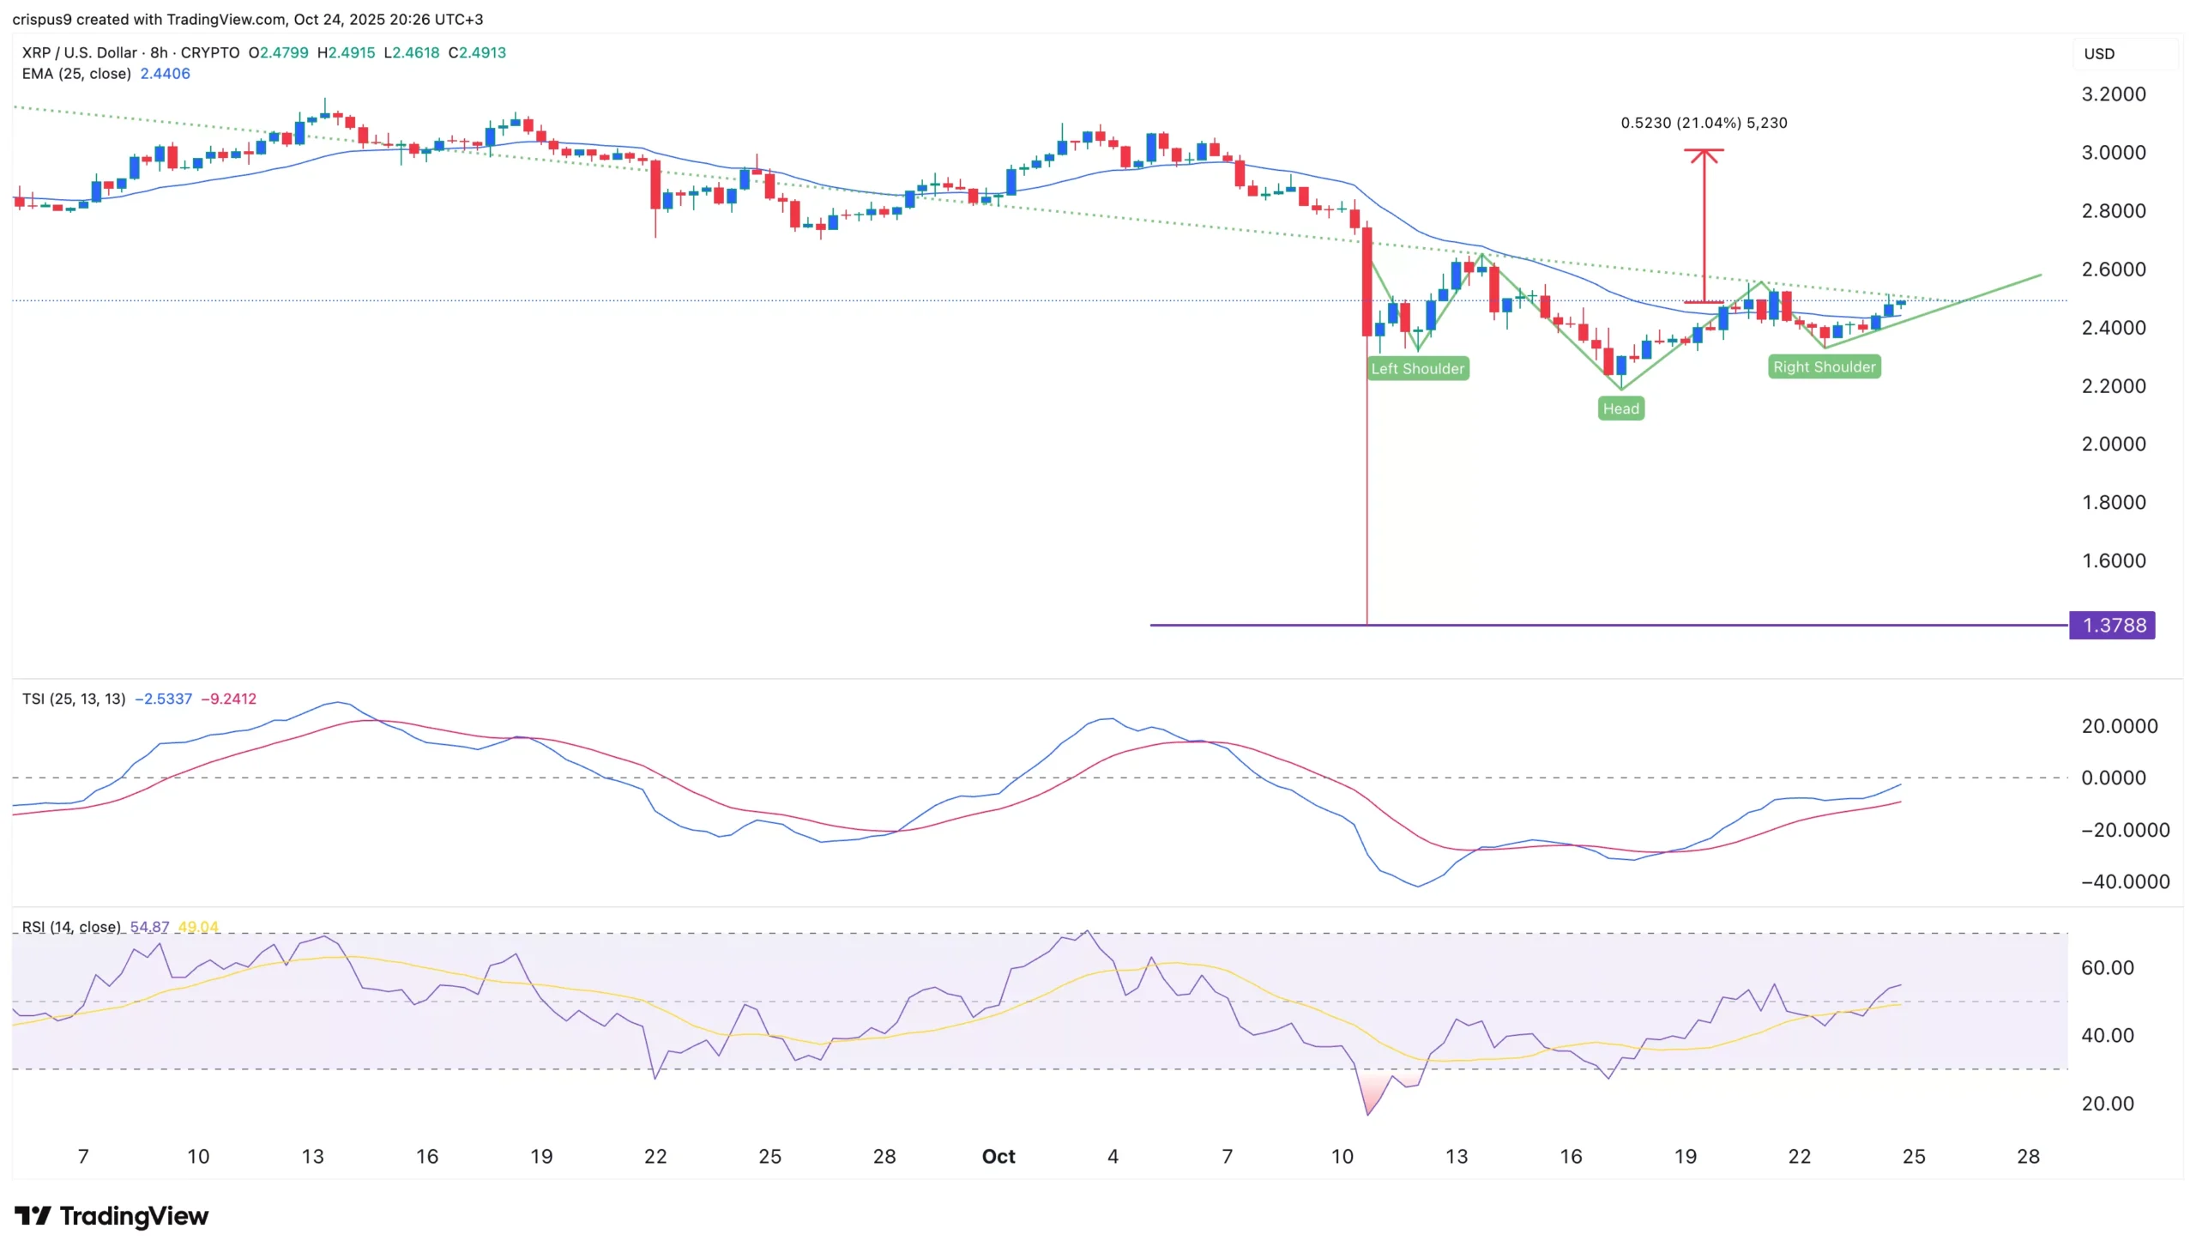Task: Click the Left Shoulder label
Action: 1417,368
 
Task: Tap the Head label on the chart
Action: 1620,408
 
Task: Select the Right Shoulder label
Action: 1823,366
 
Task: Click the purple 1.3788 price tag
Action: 2112,625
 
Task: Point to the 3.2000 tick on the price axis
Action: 2112,94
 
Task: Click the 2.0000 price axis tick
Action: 2112,444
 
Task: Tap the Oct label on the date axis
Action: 998,1156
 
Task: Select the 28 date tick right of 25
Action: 2027,1156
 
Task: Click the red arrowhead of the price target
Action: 1703,154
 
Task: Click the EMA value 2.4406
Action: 166,74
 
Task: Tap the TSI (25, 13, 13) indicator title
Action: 74,699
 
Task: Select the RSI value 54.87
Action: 148,927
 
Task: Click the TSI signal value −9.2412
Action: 228,699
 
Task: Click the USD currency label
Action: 2099,53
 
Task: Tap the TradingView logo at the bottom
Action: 112,1216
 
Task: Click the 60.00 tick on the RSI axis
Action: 2107,967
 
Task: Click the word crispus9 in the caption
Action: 41,19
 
